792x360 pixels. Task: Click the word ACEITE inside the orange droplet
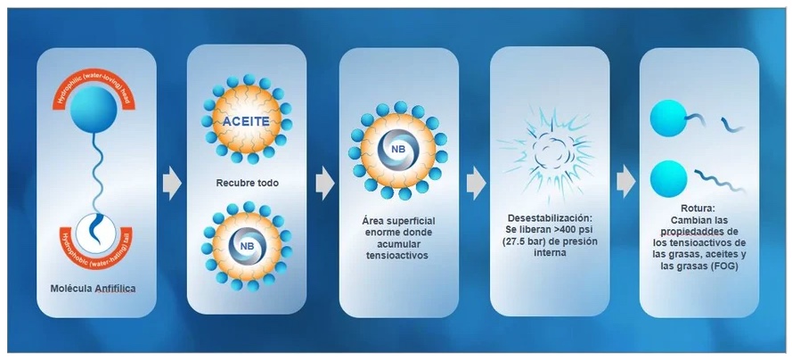point(247,122)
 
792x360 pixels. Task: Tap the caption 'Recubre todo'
point(247,183)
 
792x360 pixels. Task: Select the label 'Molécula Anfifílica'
point(94,289)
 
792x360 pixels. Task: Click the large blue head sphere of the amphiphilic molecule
point(94,110)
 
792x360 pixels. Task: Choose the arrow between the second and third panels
point(325,183)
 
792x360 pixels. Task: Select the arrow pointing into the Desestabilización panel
point(476,182)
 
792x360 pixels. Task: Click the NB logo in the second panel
point(247,247)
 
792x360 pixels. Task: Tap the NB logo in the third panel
point(398,150)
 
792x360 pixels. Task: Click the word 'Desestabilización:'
point(549,219)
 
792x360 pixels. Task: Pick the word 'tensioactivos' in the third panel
point(397,256)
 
